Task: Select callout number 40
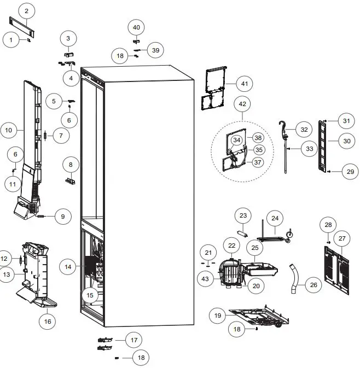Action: (137, 27)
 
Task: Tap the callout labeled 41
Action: (244, 84)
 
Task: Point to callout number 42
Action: (242, 103)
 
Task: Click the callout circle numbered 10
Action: (9, 130)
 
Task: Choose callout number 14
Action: (68, 267)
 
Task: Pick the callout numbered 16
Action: (48, 321)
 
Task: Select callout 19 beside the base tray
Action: (218, 316)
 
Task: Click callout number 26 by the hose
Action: (313, 285)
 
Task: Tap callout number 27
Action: (342, 238)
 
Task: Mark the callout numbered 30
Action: (346, 141)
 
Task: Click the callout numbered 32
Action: (304, 130)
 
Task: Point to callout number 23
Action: (244, 214)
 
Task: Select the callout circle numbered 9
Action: (62, 217)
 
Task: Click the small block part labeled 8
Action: (71, 180)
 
